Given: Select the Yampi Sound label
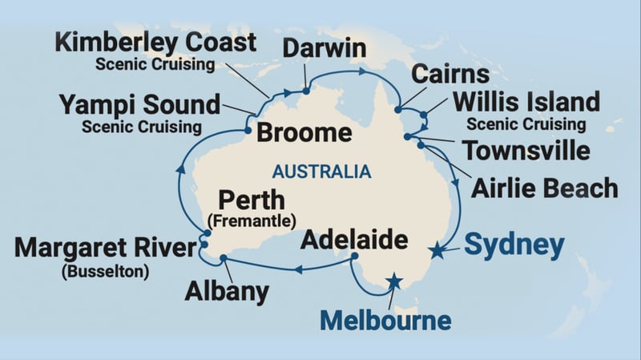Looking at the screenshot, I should [x=139, y=105].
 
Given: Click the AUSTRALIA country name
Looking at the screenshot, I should [x=321, y=171].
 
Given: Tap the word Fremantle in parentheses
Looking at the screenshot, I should [x=252, y=219].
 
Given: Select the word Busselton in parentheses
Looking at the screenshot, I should [x=103, y=271].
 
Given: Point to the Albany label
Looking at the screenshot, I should [x=226, y=291].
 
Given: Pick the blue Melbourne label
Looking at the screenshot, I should [x=385, y=321].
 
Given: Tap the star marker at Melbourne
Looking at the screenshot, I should [x=394, y=281].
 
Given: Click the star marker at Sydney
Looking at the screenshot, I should [x=437, y=252].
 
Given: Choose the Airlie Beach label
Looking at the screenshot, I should [x=544, y=188].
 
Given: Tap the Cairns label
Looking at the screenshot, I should [x=450, y=75].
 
